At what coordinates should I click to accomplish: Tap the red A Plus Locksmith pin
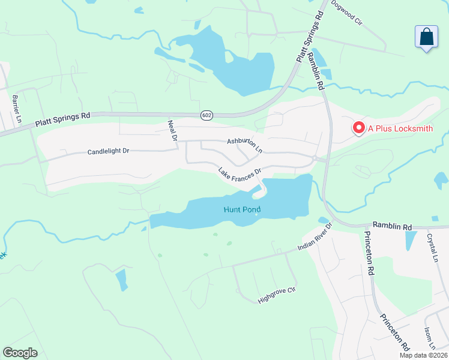359,128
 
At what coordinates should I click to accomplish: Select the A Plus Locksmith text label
400,128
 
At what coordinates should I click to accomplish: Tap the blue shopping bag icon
427,37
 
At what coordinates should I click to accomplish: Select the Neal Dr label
173,130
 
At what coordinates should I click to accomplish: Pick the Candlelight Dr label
109,152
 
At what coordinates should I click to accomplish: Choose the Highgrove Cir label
277,295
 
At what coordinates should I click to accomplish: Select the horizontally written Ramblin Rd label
392,226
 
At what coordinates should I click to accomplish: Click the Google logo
20,353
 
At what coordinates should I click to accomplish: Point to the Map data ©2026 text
423,355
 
